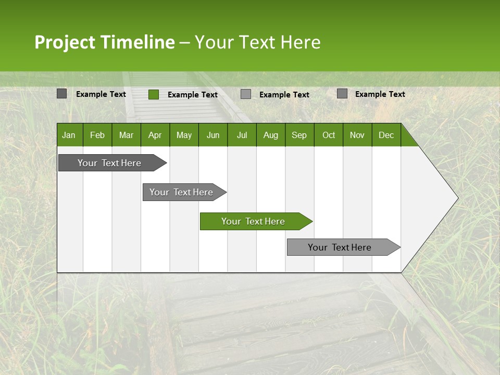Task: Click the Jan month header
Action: coord(69,135)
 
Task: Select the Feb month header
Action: coord(97,135)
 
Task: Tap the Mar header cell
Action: coord(126,135)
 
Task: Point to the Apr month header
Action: coord(155,135)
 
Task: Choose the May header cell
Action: coord(184,135)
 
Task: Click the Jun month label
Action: coord(213,135)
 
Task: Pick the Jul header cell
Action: coord(242,135)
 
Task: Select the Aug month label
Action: coord(271,135)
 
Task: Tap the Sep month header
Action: coord(299,135)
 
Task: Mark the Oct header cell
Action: coord(329,135)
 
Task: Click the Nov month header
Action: coord(357,135)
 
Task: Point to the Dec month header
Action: coord(386,135)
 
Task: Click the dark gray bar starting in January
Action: coord(110,163)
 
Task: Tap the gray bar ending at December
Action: coord(341,247)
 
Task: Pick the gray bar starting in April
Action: coord(182,192)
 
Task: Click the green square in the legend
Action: coord(154,94)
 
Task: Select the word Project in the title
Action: coord(65,42)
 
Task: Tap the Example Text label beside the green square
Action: coord(193,95)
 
